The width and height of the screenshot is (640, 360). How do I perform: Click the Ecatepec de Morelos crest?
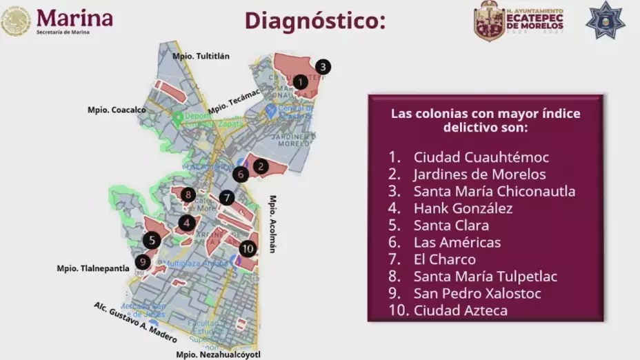point(489,21)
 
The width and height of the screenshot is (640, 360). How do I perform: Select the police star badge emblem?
point(605,20)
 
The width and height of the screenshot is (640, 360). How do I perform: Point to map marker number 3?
point(323,67)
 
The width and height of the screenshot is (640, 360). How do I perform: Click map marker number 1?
point(300,81)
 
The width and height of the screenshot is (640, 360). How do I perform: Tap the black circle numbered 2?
point(260,166)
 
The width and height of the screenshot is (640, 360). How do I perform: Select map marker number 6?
point(240,174)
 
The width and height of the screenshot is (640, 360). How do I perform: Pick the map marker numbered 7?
point(227,198)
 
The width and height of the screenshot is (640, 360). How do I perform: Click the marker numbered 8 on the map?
point(188,194)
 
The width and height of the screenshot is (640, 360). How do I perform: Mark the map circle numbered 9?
point(143,261)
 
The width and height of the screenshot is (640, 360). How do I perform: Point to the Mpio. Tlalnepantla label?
point(93,268)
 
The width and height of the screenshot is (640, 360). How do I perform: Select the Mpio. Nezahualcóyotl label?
point(218,354)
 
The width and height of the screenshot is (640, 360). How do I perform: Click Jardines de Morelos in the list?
point(479,174)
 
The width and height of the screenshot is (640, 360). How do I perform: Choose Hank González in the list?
point(463,208)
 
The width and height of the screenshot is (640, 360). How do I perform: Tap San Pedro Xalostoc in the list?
point(477,294)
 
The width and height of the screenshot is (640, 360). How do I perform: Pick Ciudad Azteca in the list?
point(460,311)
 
